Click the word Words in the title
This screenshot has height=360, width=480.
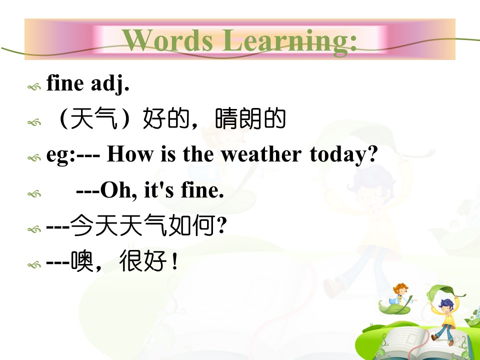point(167,40)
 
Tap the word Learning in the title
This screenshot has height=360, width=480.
point(289,41)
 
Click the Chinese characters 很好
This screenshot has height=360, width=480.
point(143,261)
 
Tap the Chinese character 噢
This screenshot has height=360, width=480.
point(82,261)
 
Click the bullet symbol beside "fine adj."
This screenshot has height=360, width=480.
point(34,87)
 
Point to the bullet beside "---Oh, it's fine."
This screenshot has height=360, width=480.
point(34,194)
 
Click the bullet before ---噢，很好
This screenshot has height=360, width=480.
point(34,264)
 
